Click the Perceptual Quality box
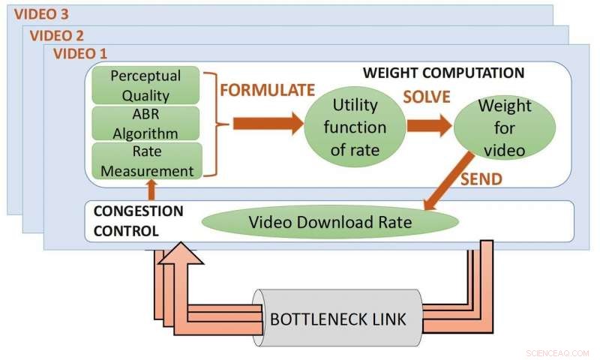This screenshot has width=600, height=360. (145, 85)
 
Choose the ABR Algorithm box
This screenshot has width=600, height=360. (145, 123)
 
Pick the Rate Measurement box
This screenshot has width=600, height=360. (145, 160)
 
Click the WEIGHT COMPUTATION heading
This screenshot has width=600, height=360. (442, 73)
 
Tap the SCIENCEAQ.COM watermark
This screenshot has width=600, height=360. (559, 350)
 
